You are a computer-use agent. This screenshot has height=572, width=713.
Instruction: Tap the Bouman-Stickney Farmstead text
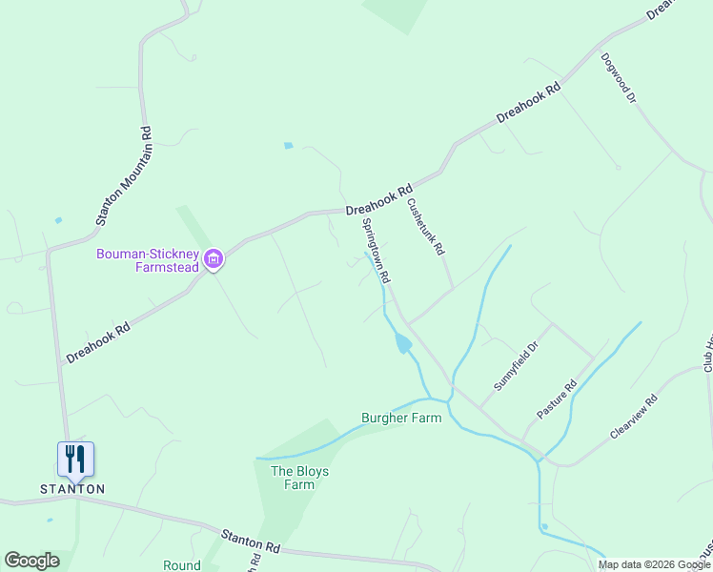148,260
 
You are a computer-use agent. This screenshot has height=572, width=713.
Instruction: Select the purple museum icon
214,259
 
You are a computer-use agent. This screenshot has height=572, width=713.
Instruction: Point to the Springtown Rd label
377,252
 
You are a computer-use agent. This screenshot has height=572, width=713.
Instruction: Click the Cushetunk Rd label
425,227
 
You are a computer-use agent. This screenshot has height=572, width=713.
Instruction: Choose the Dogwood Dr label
618,77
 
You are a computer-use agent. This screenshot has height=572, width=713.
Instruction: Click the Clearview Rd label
634,419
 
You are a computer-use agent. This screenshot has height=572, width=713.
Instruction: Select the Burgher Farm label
401,418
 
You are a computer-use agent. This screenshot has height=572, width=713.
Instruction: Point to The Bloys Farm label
293,478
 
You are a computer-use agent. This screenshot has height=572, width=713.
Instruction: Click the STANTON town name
72,489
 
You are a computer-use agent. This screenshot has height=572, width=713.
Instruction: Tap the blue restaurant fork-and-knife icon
75,459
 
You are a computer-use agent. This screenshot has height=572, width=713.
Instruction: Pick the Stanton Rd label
250,541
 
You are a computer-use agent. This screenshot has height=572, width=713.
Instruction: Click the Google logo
31,561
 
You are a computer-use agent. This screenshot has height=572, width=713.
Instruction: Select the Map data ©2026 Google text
653,565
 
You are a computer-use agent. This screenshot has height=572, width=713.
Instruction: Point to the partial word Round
181,565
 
